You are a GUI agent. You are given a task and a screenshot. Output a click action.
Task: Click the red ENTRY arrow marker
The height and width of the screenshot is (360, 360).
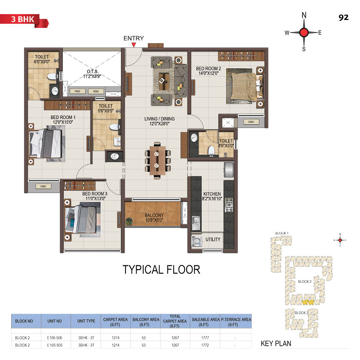(x=134, y=45)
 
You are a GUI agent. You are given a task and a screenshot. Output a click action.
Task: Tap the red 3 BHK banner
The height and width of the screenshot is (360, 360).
(x=24, y=21)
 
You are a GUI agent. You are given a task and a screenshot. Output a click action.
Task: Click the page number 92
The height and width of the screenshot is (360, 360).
(x=343, y=17)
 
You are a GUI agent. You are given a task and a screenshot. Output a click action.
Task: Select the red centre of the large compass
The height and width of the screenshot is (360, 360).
(x=304, y=32)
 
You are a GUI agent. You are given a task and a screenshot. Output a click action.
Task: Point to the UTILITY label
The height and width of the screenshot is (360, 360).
(x=213, y=239)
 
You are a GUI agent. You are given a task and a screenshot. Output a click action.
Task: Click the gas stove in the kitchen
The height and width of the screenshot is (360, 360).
(x=229, y=205)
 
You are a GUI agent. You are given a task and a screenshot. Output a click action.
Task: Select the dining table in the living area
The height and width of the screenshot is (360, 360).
(x=157, y=160)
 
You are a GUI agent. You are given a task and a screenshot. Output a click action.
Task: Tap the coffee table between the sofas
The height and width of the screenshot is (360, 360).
(x=164, y=81)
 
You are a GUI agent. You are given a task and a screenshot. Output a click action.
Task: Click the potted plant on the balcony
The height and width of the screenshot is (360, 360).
(x=129, y=221)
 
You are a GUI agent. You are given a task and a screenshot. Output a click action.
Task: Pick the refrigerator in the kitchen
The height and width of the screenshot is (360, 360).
(x=229, y=170)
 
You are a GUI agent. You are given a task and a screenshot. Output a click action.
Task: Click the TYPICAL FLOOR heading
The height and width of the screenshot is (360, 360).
(x=161, y=270)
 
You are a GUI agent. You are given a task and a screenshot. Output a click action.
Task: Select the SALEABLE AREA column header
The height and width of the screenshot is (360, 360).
(x=205, y=322)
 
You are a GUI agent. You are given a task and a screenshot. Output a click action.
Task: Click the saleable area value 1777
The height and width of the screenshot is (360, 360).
(x=205, y=338)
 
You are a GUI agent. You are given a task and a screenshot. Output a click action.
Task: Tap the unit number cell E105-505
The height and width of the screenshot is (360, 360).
(x=55, y=345)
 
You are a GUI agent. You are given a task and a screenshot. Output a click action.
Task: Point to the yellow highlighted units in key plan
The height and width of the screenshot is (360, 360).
(x=308, y=302)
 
